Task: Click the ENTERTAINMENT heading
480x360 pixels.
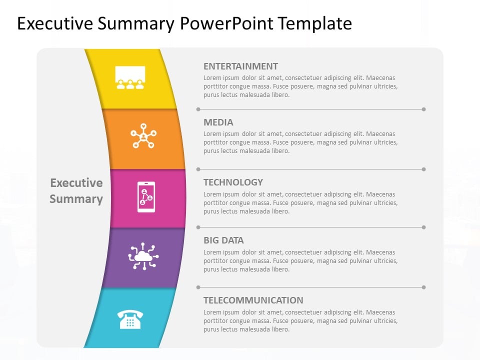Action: pos(240,66)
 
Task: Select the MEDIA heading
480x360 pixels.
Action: pos(218,122)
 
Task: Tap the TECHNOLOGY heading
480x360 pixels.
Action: pos(233,182)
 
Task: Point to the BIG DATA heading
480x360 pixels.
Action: pos(223,240)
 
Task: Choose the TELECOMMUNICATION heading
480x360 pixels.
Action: pos(253,300)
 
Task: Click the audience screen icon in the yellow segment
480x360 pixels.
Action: pos(130,78)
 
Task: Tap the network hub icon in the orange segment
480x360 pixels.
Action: pos(143,135)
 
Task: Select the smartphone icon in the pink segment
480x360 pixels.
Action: pos(146,197)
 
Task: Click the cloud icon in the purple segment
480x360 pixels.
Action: pos(143,256)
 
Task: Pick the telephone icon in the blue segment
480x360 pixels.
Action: pos(130,319)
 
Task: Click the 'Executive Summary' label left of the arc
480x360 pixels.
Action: pos(76,190)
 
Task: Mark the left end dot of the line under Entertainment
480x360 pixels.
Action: pos(198,109)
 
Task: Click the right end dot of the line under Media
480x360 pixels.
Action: pos(423,169)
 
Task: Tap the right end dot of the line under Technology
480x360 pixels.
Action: pos(423,227)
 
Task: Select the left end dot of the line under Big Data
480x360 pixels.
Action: pos(198,287)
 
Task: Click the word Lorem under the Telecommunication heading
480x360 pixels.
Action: pos(212,312)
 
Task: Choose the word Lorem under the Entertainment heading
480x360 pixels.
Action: pos(212,78)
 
